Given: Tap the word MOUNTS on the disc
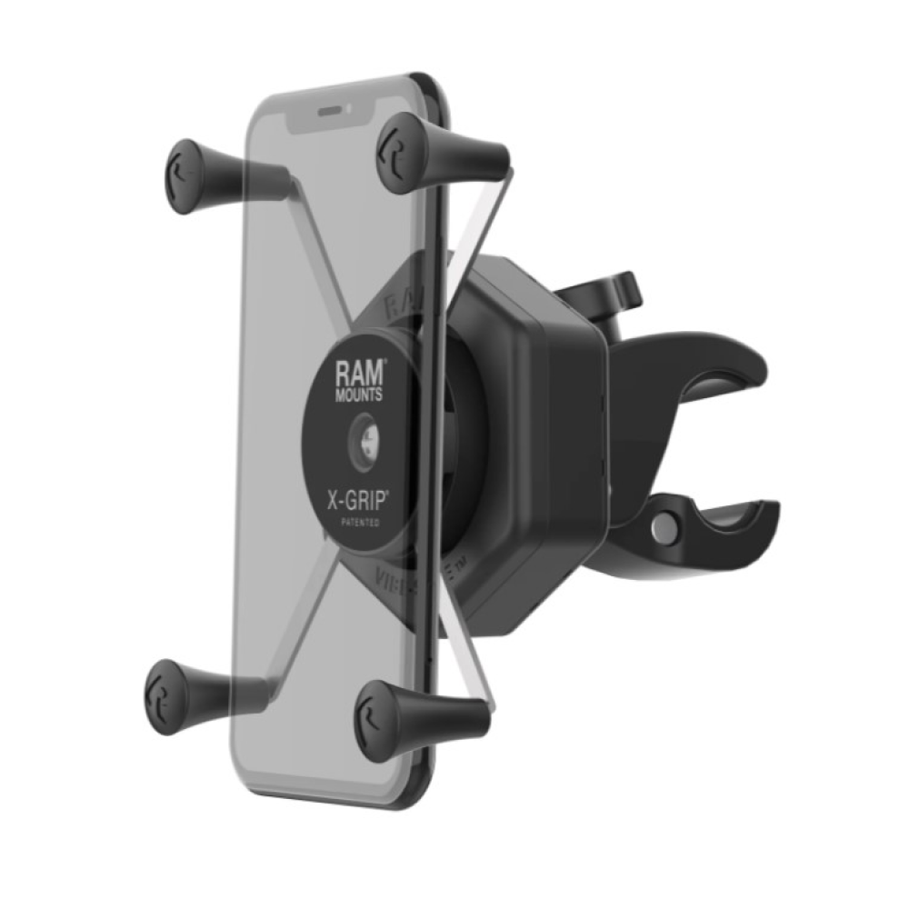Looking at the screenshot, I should pos(362,395).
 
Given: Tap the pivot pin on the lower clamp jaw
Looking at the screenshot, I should pos(669,528).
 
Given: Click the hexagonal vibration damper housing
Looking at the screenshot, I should pos(536,427).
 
